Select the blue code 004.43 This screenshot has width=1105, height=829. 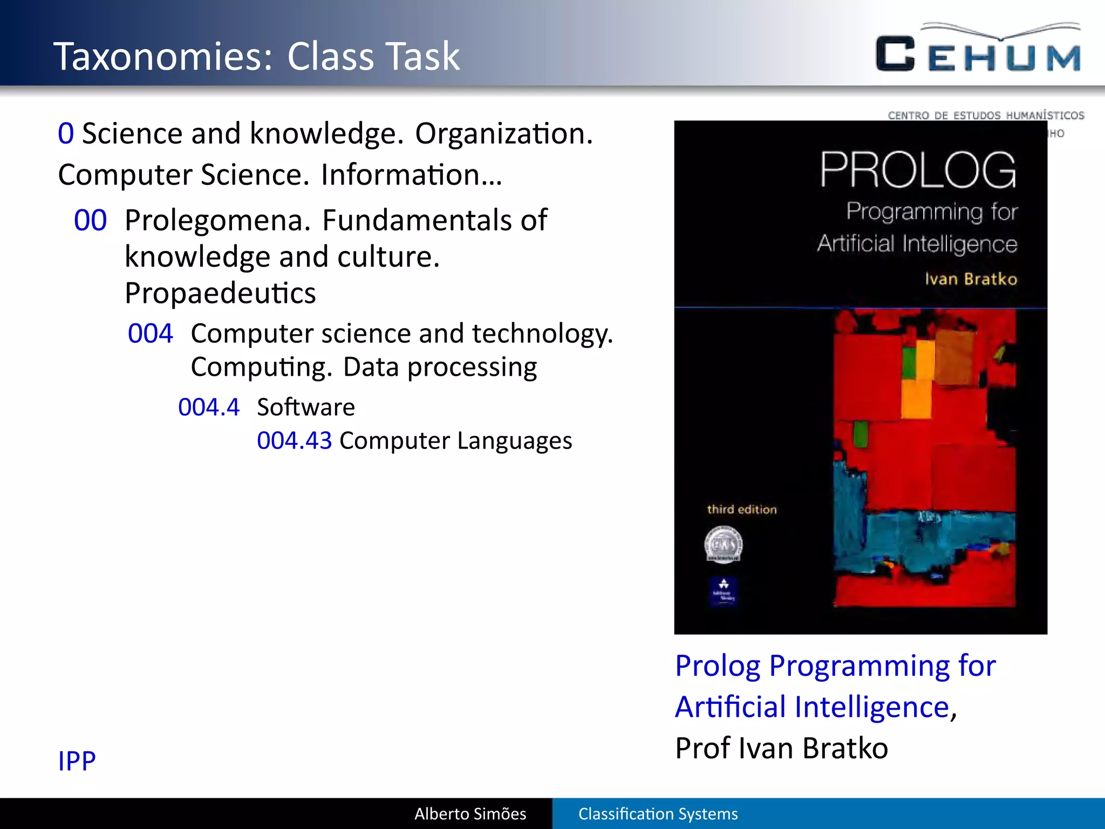294,440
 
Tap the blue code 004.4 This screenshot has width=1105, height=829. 209,407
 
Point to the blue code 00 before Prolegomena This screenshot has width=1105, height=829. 90,220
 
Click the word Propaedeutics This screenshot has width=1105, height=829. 220,293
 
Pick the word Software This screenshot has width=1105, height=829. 306,407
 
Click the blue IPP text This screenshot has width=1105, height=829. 77,761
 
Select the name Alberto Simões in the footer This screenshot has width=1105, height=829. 470,813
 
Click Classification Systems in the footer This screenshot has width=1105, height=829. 658,813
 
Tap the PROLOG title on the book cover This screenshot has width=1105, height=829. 918,170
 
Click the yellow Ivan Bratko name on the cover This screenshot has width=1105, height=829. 971,279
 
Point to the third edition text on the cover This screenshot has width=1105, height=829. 742,509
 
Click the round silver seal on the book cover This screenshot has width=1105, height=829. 724,545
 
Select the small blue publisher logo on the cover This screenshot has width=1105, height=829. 724,592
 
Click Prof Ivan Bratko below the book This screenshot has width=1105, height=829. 781,748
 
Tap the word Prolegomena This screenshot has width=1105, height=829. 218,220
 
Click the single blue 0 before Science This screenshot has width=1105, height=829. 66,133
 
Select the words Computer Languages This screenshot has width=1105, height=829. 455,440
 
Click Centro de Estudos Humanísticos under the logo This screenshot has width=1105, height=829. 986,115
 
